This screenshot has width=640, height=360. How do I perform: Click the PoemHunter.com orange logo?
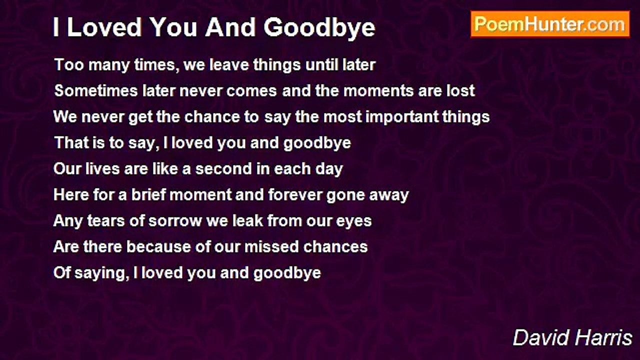tap(550, 24)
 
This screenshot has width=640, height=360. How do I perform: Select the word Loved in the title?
tap(104, 27)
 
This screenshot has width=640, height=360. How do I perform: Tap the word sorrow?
tap(175, 221)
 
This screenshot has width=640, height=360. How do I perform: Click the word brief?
tap(148, 194)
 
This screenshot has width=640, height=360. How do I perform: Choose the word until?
tap(321, 64)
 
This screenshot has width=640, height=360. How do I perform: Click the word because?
tap(158, 247)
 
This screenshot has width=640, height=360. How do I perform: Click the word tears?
tap(106, 221)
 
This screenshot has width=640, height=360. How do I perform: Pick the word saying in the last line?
tap(101, 273)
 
